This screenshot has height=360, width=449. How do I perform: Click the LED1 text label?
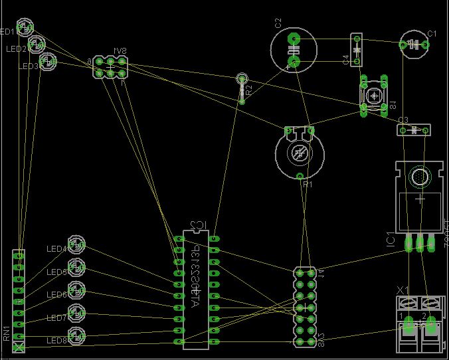tap(9, 32)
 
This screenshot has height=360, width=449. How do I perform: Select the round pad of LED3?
tap(48, 62)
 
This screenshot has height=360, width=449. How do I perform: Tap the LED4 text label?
tap(56, 249)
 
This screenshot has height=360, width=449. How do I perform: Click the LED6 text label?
tap(56, 295)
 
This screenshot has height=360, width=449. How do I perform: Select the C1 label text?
tap(432, 33)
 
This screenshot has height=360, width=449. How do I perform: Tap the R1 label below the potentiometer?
tap(307, 185)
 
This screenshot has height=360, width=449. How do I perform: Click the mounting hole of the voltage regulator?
tap(419, 177)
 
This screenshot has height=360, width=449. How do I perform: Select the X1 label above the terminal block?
tap(402, 290)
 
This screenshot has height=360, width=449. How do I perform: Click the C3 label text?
tap(403, 120)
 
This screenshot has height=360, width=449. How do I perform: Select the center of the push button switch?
tap(375, 96)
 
